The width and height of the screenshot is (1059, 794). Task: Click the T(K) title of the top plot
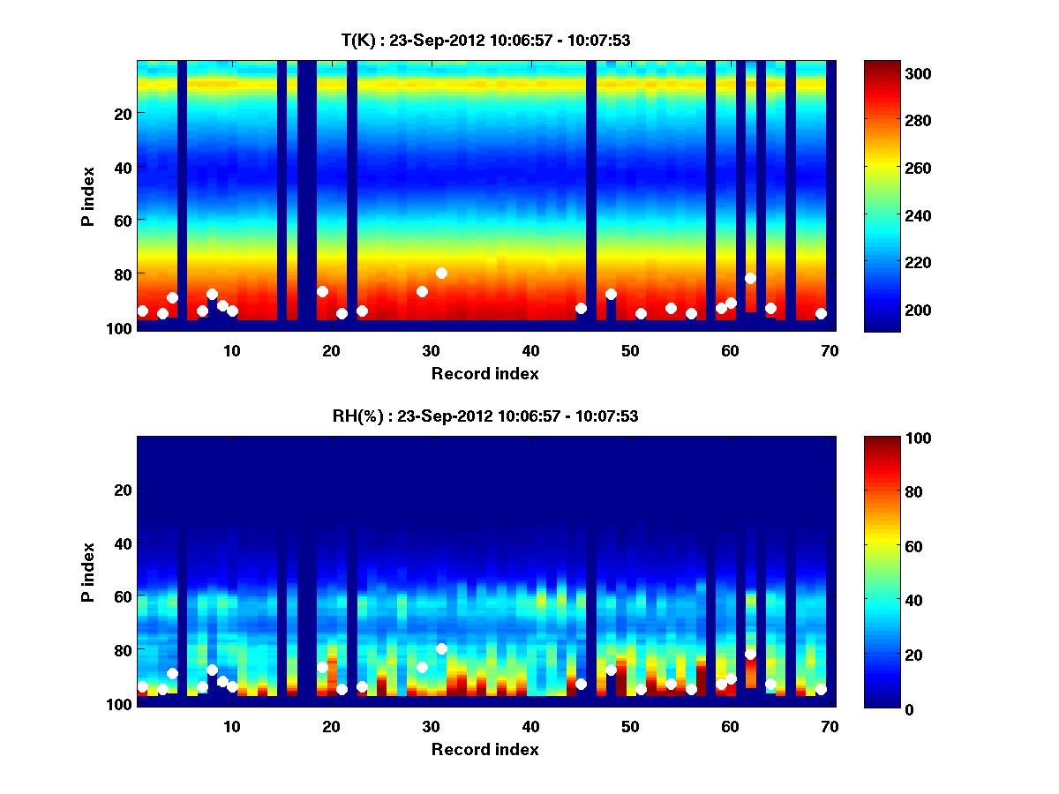(x=485, y=40)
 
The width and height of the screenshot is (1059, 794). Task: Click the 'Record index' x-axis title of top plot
(x=485, y=373)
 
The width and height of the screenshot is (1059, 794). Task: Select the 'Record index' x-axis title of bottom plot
(x=485, y=749)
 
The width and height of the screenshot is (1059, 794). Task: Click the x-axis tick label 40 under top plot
(x=530, y=350)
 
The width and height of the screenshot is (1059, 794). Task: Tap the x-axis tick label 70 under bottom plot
(x=830, y=726)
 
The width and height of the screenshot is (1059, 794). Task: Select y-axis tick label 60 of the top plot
(x=122, y=220)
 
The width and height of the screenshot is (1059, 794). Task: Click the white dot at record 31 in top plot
(x=441, y=273)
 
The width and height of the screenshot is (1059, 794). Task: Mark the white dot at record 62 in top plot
(x=750, y=278)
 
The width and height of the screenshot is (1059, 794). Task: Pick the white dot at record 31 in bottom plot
(x=441, y=648)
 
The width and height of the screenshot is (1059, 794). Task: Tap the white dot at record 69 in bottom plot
(x=821, y=689)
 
